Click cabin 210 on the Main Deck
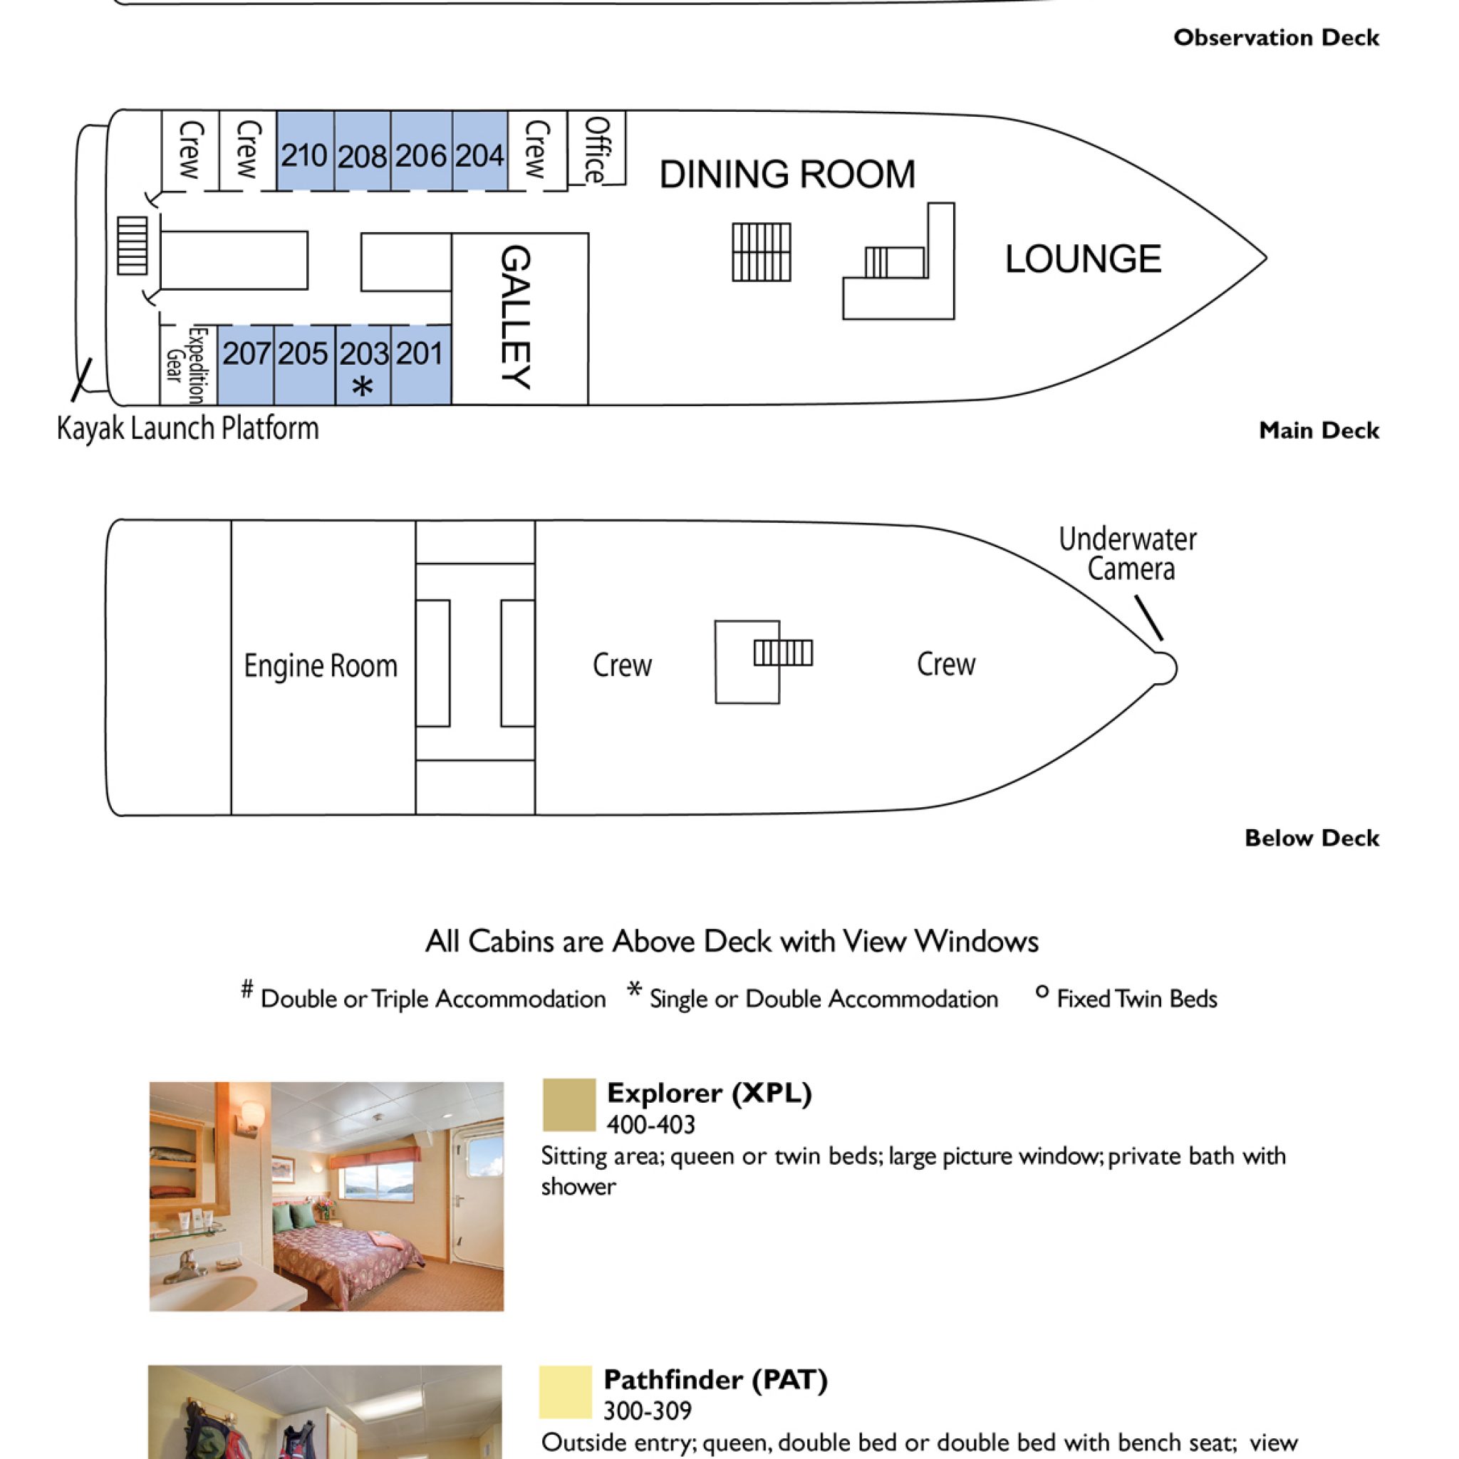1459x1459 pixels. pyautogui.click(x=305, y=151)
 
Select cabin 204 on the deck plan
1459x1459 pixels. pyautogui.click(x=480, y=151)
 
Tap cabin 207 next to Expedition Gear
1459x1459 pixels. pyautogui.click(x=246, y=365)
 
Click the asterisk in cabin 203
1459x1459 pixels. pyautogui.click(x=363, y=387)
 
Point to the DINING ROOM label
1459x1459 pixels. pyautogui.click(x=787, y=175)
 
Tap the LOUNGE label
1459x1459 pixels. pyautogui.click(x=1083, y=259)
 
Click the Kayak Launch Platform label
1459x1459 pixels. pyautogui.click(x=188, y=428)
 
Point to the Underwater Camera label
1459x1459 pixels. pyautogui.click(x=1128, y=554)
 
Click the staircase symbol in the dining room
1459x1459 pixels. pyautogui.click(x=762, y=252)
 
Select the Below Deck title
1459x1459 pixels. pyautogui.click(x=1312, y=838)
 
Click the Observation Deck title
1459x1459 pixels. pyautogui.click(x=1276, y=38)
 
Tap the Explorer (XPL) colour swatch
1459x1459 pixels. pyautogui.click(x=569, y=1105)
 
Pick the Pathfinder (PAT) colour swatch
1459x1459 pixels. pyautogui.click(x=566, y=1392)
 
